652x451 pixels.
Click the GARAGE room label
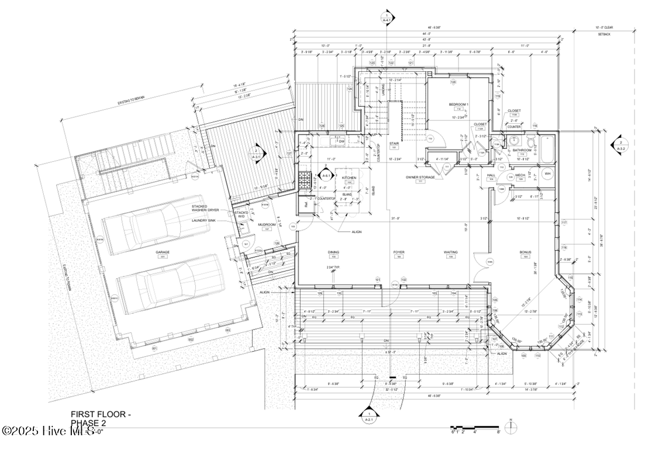point(162,252)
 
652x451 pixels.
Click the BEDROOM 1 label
point(458,104)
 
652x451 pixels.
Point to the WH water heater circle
point(547,174)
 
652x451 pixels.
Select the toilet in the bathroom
point(529,142)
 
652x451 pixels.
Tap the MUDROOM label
point(267,224)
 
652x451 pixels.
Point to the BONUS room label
point(525,252)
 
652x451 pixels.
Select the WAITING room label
point(450,252)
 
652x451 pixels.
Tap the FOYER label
point(399,252)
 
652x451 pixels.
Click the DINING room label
point(334,252)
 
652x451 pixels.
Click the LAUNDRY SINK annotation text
point(208,220)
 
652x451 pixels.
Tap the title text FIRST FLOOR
point(101,414)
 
